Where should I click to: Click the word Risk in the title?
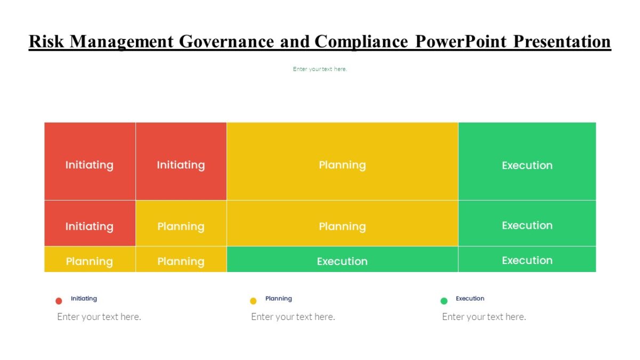[x=47, y=42]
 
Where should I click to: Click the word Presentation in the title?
[x=562, y=42]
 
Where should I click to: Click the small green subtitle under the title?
[x=320, y=69]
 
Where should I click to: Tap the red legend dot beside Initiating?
[x=59, y=301]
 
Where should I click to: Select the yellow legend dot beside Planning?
[x=253, y=301]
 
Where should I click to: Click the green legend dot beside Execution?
[x=444, y=301]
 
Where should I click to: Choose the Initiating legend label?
[x=84, y=299]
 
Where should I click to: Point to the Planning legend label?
[x=278, y=299]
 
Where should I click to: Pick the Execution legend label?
[x=470, y=299]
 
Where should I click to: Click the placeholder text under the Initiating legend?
[x=99, y=317]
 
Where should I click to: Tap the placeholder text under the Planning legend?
[x=293, y=317]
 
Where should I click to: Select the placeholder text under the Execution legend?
[x=484, y=317]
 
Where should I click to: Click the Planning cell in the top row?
[x=342, y=165]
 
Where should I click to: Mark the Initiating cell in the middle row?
[x=90, y=226]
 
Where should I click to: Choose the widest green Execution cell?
[x=342, y=261]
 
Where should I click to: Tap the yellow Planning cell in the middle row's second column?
[x=181, y=226]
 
